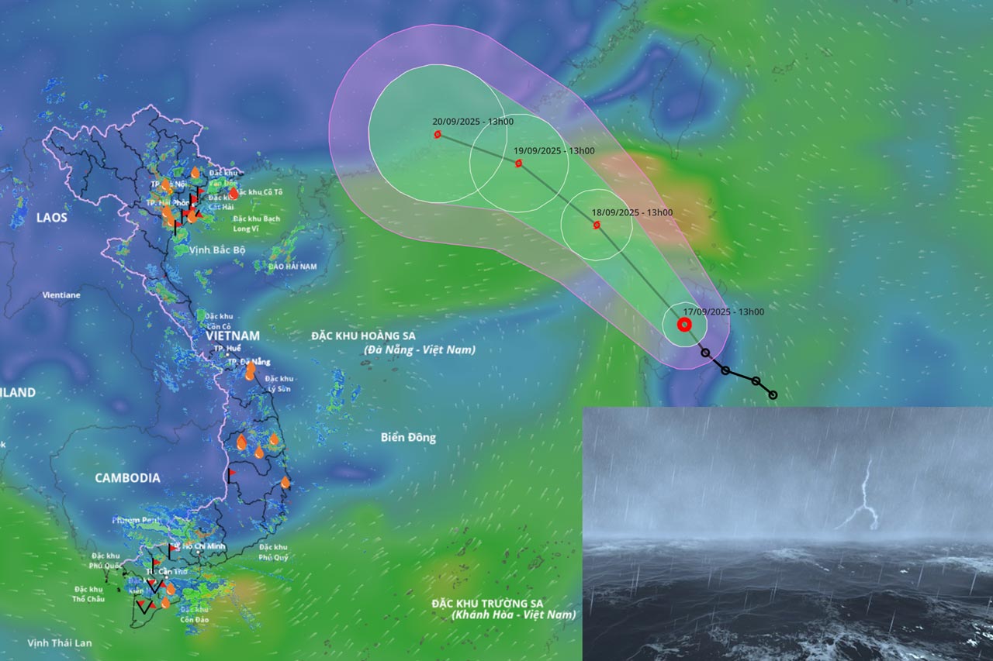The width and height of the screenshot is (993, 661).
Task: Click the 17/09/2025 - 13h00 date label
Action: click(x=723, y=312)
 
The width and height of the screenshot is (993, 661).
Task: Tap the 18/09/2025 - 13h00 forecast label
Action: click(x=631, y=212)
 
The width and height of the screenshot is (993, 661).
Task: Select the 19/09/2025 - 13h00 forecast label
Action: click(x=554, y=150)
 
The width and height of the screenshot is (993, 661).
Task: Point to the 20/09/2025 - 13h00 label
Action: click(x=472, y=122)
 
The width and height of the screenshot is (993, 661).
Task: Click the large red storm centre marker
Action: click(x=684, y=325)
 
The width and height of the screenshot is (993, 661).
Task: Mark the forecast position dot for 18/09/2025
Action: click(x=597, y=225)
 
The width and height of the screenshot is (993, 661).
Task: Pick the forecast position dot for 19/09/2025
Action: click(x=518, y=164)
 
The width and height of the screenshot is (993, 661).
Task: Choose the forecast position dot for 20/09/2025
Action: click(x=438, y=134)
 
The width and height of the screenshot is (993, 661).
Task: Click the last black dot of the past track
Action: click(x=773, y=395)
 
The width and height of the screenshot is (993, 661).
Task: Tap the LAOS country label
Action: click(x=52, y=218)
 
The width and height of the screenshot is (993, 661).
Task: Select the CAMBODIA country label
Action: click(x=127, y=478)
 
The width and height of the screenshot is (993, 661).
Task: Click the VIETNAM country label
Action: click(x=233, y=336)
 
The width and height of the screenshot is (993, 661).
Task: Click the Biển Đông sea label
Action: click(x=408, y=438)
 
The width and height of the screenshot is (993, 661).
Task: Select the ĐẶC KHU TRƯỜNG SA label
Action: click(x=488, y=604)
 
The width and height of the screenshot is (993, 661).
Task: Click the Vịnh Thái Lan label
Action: click(x=59, y=643)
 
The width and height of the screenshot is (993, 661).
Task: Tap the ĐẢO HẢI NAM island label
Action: click(x=292, y=267)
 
